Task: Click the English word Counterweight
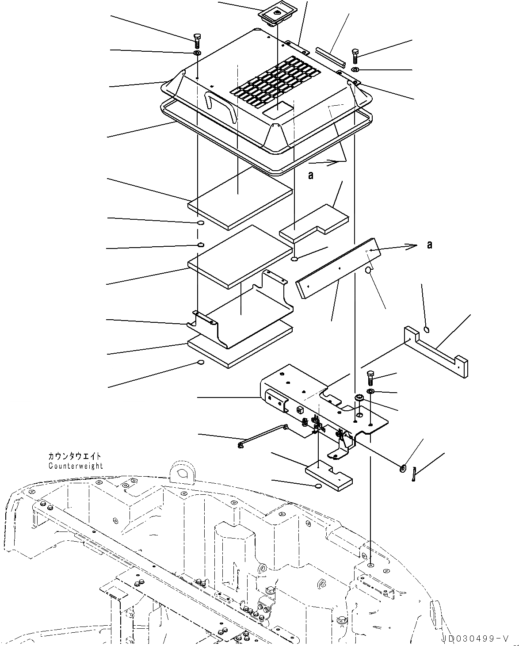(76, 466)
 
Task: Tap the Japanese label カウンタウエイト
(75, 456)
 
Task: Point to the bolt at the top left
(197, 41)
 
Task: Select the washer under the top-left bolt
(197, 54)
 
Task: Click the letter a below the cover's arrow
(311, 176)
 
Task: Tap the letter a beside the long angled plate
(429, 245)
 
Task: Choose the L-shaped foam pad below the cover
(314, 223)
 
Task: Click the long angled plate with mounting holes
(336, 268)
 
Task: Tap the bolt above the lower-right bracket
(370, 378)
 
